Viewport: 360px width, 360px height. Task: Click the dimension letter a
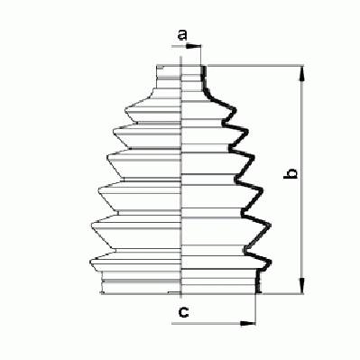(182, 34)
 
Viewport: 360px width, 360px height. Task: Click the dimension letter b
(291, 174)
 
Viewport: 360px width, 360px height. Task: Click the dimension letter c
(183, 312)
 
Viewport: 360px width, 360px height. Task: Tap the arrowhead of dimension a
(193, 47)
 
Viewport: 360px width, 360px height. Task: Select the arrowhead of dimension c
(248, 323)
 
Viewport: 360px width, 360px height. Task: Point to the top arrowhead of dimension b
(302, 73)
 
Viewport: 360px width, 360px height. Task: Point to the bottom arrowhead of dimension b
(302, 285)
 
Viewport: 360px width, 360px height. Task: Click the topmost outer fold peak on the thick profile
(234, 110)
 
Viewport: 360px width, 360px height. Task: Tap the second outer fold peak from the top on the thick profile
(246, 132)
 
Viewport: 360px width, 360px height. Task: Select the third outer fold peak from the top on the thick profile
(254, 157)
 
